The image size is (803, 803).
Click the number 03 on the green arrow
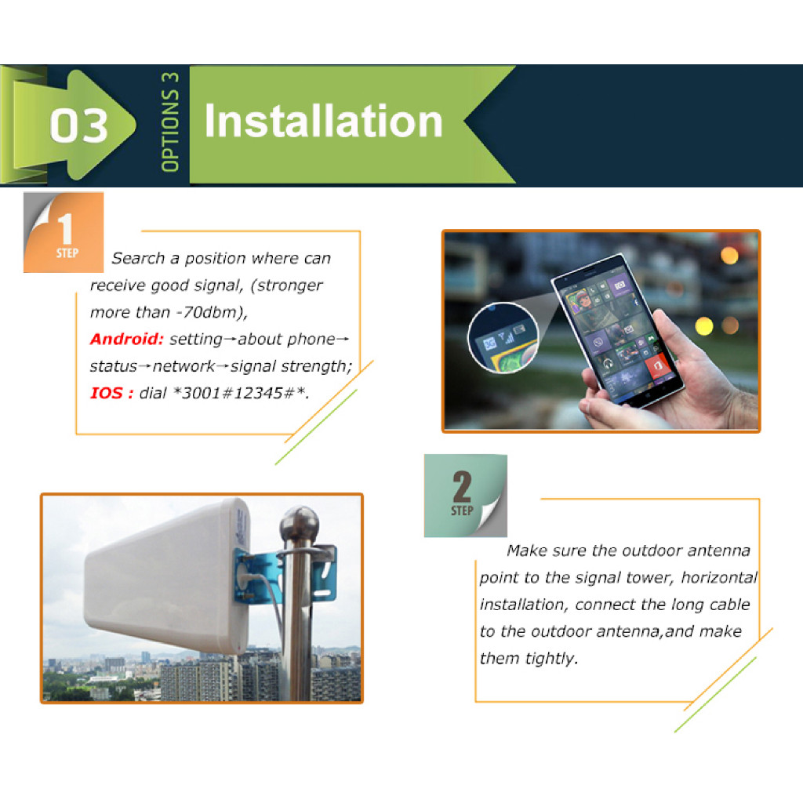[x=79, y=125]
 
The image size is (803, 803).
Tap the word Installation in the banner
[x=323, y=121]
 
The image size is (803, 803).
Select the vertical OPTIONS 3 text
[x=170, y=122]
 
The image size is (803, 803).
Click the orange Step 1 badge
[x=64, y=232]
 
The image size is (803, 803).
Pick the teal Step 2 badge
[x=466, y=496]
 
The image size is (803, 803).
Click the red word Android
[x=126, y=339]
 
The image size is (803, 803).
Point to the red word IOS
[x=111, y=394]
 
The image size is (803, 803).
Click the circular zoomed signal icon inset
[x=503, y=338]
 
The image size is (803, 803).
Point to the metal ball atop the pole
[x=299, y=523]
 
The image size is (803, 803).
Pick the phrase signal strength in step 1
[x=291, y=367]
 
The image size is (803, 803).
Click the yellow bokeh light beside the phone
[x=704, y=326]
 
